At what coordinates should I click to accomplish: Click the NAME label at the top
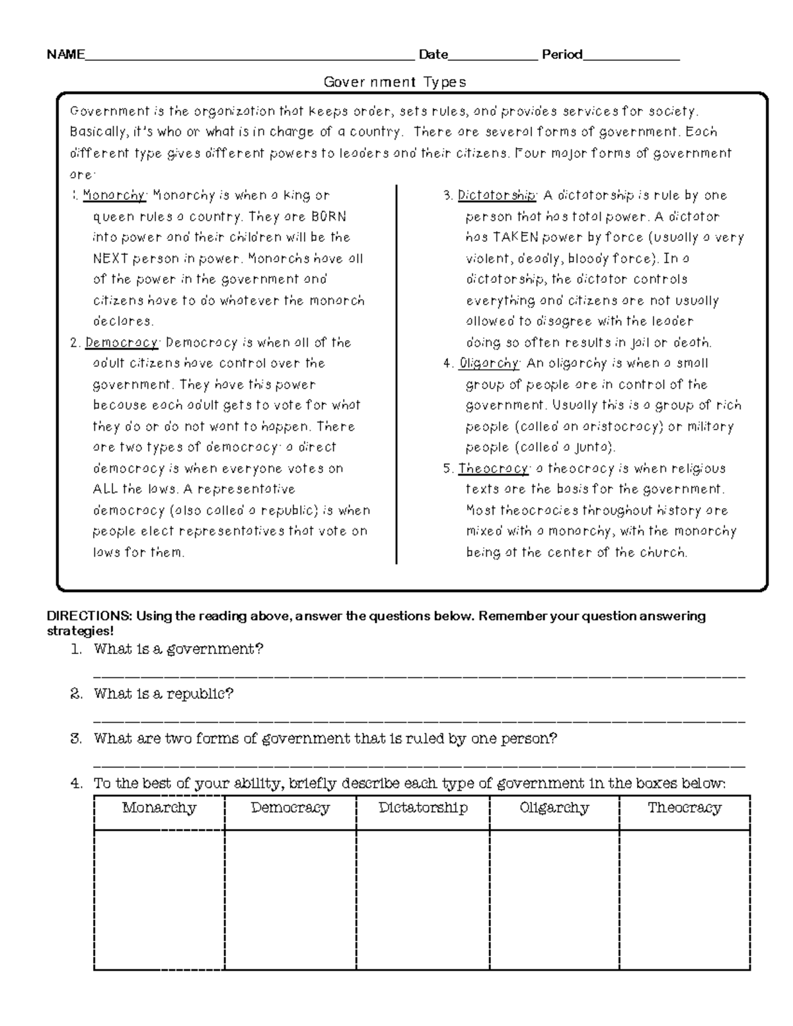click(65, 55)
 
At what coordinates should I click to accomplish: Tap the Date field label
click(433, 55)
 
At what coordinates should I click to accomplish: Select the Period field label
click(562, 55)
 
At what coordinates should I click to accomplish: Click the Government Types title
click(395, 82)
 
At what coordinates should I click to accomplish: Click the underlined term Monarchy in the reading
click(114, 196)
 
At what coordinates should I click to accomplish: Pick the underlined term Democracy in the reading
click(122, 343)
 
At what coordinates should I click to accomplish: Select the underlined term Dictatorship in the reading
click(496, 196)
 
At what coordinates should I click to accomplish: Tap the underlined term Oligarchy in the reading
click(489, 363)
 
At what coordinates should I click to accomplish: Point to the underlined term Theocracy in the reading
click(493, 469)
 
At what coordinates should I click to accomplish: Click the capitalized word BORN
click(328, 217)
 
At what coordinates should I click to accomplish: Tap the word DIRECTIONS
click(89, 616)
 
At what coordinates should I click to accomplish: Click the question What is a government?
click(178, 649)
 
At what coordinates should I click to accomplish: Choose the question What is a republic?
click(163, 694)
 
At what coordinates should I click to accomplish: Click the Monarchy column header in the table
click(159, 808)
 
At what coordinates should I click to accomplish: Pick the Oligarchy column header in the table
click(554, 808)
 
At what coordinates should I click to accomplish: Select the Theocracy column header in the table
click(684, 808)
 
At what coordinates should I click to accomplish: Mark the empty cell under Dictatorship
click(423, 900)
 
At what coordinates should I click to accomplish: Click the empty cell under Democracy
click(290, 900)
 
